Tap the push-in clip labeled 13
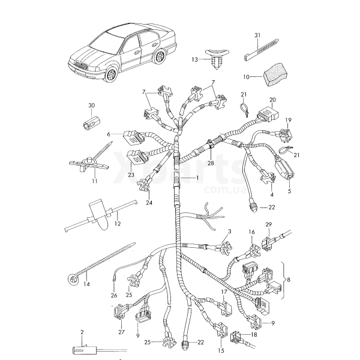(x=217, y=58)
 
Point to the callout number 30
(x=91, y=106)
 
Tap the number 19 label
(x=287, y=119)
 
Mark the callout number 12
(x=118, y=223)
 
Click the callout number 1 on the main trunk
(x=196, y=179)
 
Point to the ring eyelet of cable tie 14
(x=73, y=277)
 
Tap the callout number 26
(x=114, y=295)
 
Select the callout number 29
(x=269, y=224)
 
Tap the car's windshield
(x=108, y=41)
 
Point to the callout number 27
(x=122, y=331)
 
